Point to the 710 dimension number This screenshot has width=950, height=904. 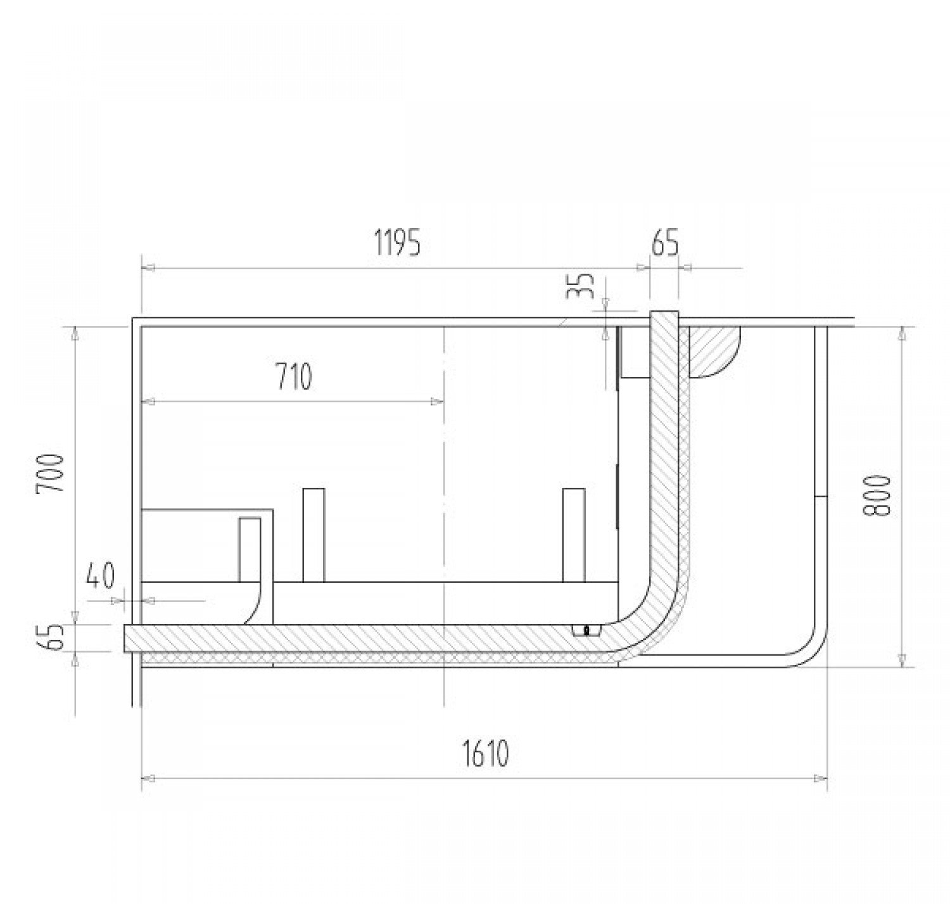[x=294, y=376]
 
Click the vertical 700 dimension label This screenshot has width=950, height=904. [x=50, y=473]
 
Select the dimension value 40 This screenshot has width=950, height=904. [x=101, y=575]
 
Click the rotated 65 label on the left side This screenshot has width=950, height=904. [x=50, y=637]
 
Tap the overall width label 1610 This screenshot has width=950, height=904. [x=485, y=753]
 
